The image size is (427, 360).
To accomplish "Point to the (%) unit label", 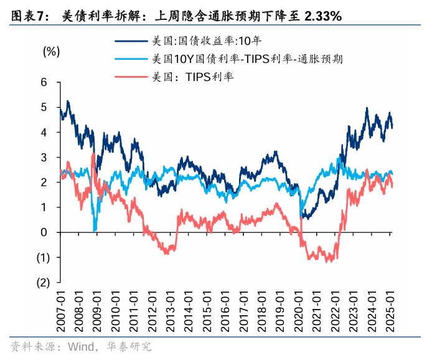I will [52, 51].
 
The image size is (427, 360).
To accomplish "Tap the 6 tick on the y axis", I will [44, 82].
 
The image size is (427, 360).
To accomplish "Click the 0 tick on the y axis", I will [44, 232].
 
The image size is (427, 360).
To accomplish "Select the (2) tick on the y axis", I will [42, 282].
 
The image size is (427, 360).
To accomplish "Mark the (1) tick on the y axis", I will [42, 257].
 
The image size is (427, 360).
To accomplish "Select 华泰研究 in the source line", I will [130, 346].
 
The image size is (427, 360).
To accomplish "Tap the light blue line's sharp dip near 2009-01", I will [95, 230].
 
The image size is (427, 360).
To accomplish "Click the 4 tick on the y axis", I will [44, 132].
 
